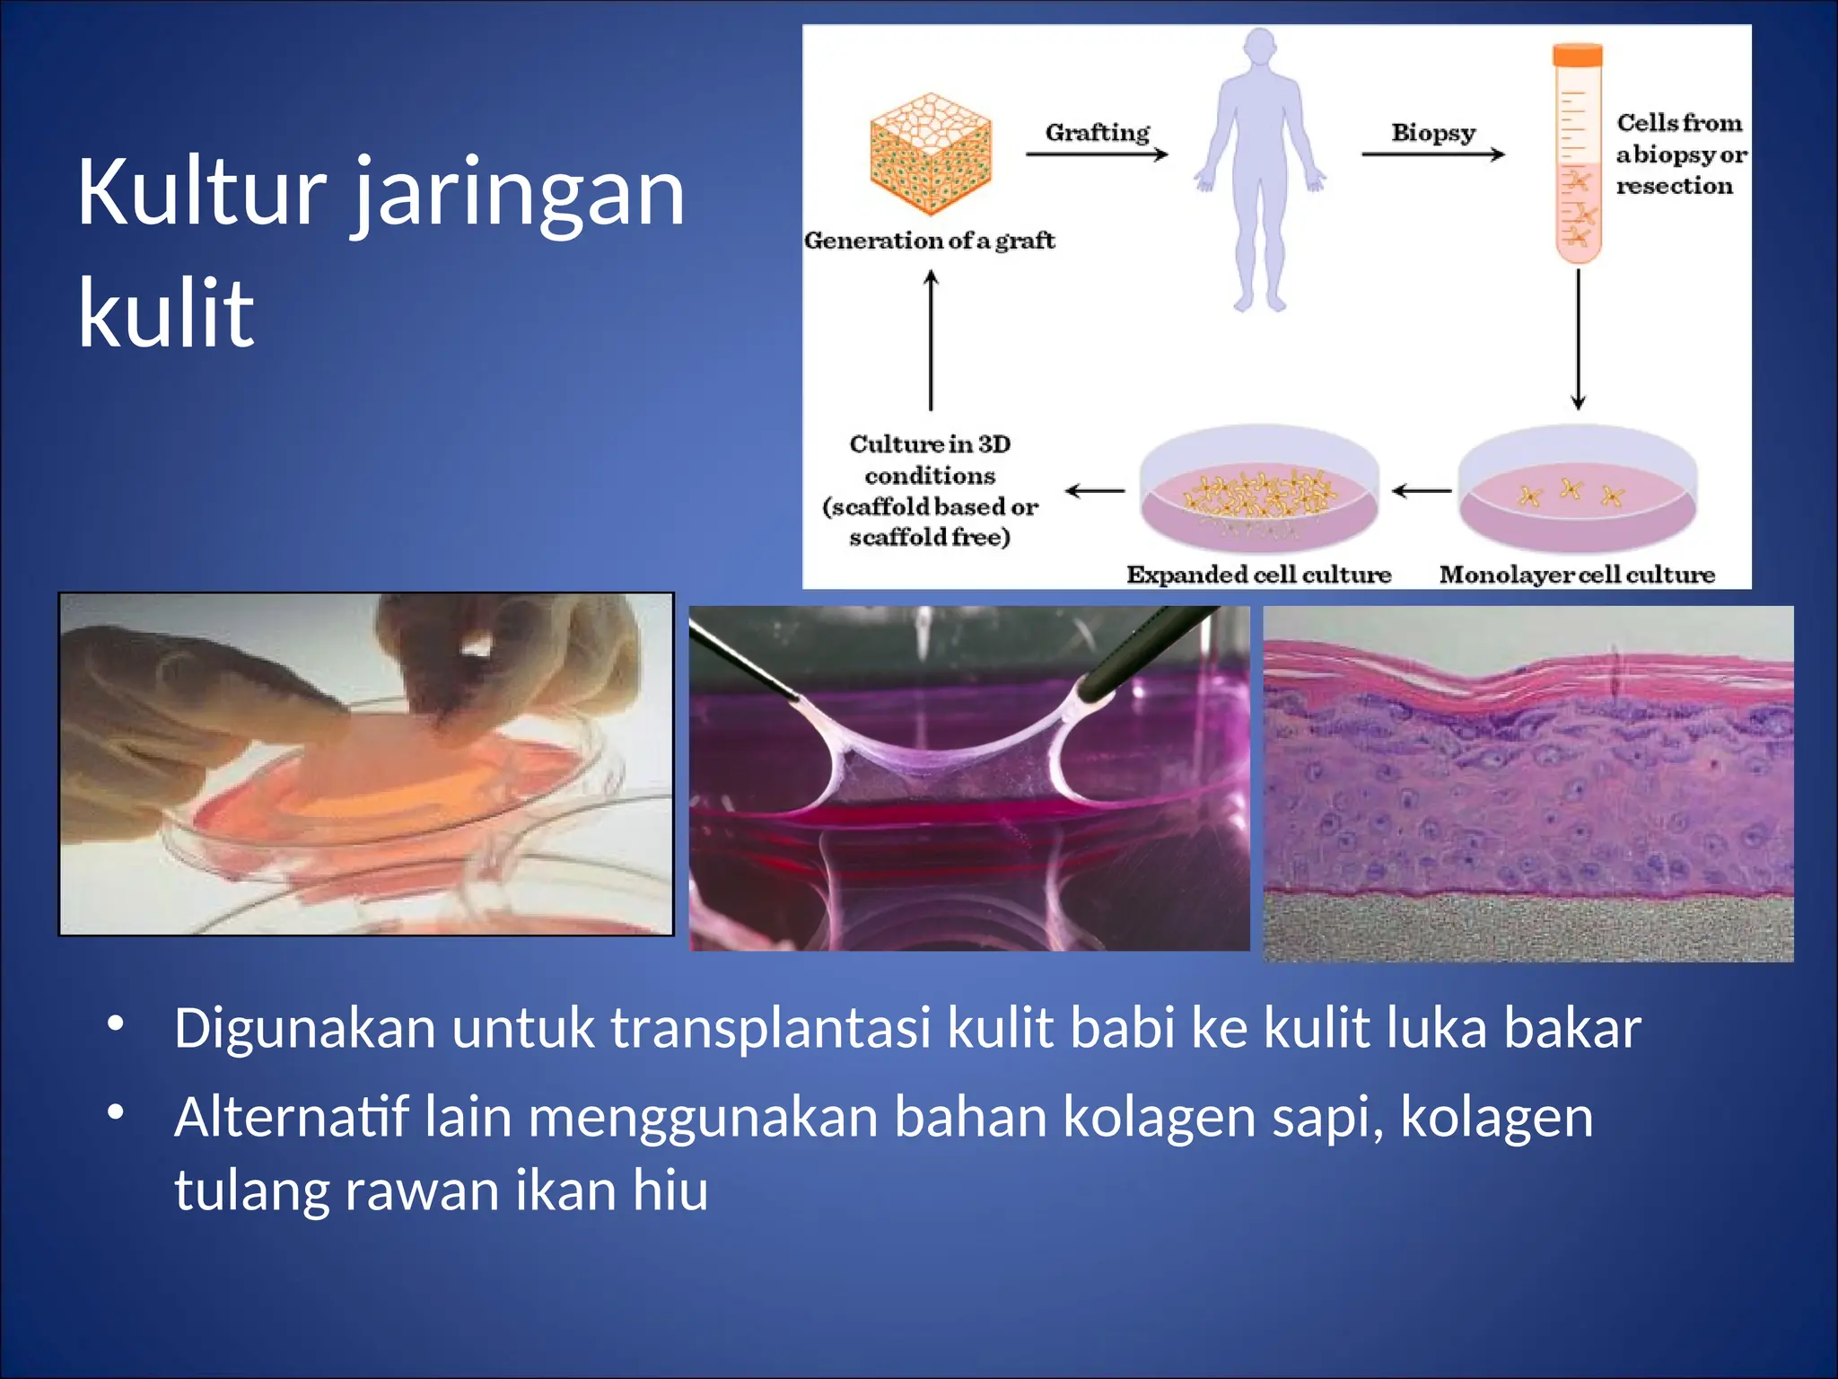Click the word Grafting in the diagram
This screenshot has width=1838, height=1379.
point(1097,132)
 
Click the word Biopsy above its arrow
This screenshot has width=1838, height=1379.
point(1432,132)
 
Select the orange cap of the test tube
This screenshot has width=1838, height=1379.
point(1577,56)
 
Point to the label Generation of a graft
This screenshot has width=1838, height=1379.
point(929,240)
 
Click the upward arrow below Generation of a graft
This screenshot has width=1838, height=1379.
point(931,341)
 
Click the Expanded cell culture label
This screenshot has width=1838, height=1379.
point(1258,574)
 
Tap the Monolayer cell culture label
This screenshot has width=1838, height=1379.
point(1577,574)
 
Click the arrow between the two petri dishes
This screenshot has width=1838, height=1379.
point(1422,491)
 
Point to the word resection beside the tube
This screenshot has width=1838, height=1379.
point(1674,186)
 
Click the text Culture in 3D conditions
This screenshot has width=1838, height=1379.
point(930,459)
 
